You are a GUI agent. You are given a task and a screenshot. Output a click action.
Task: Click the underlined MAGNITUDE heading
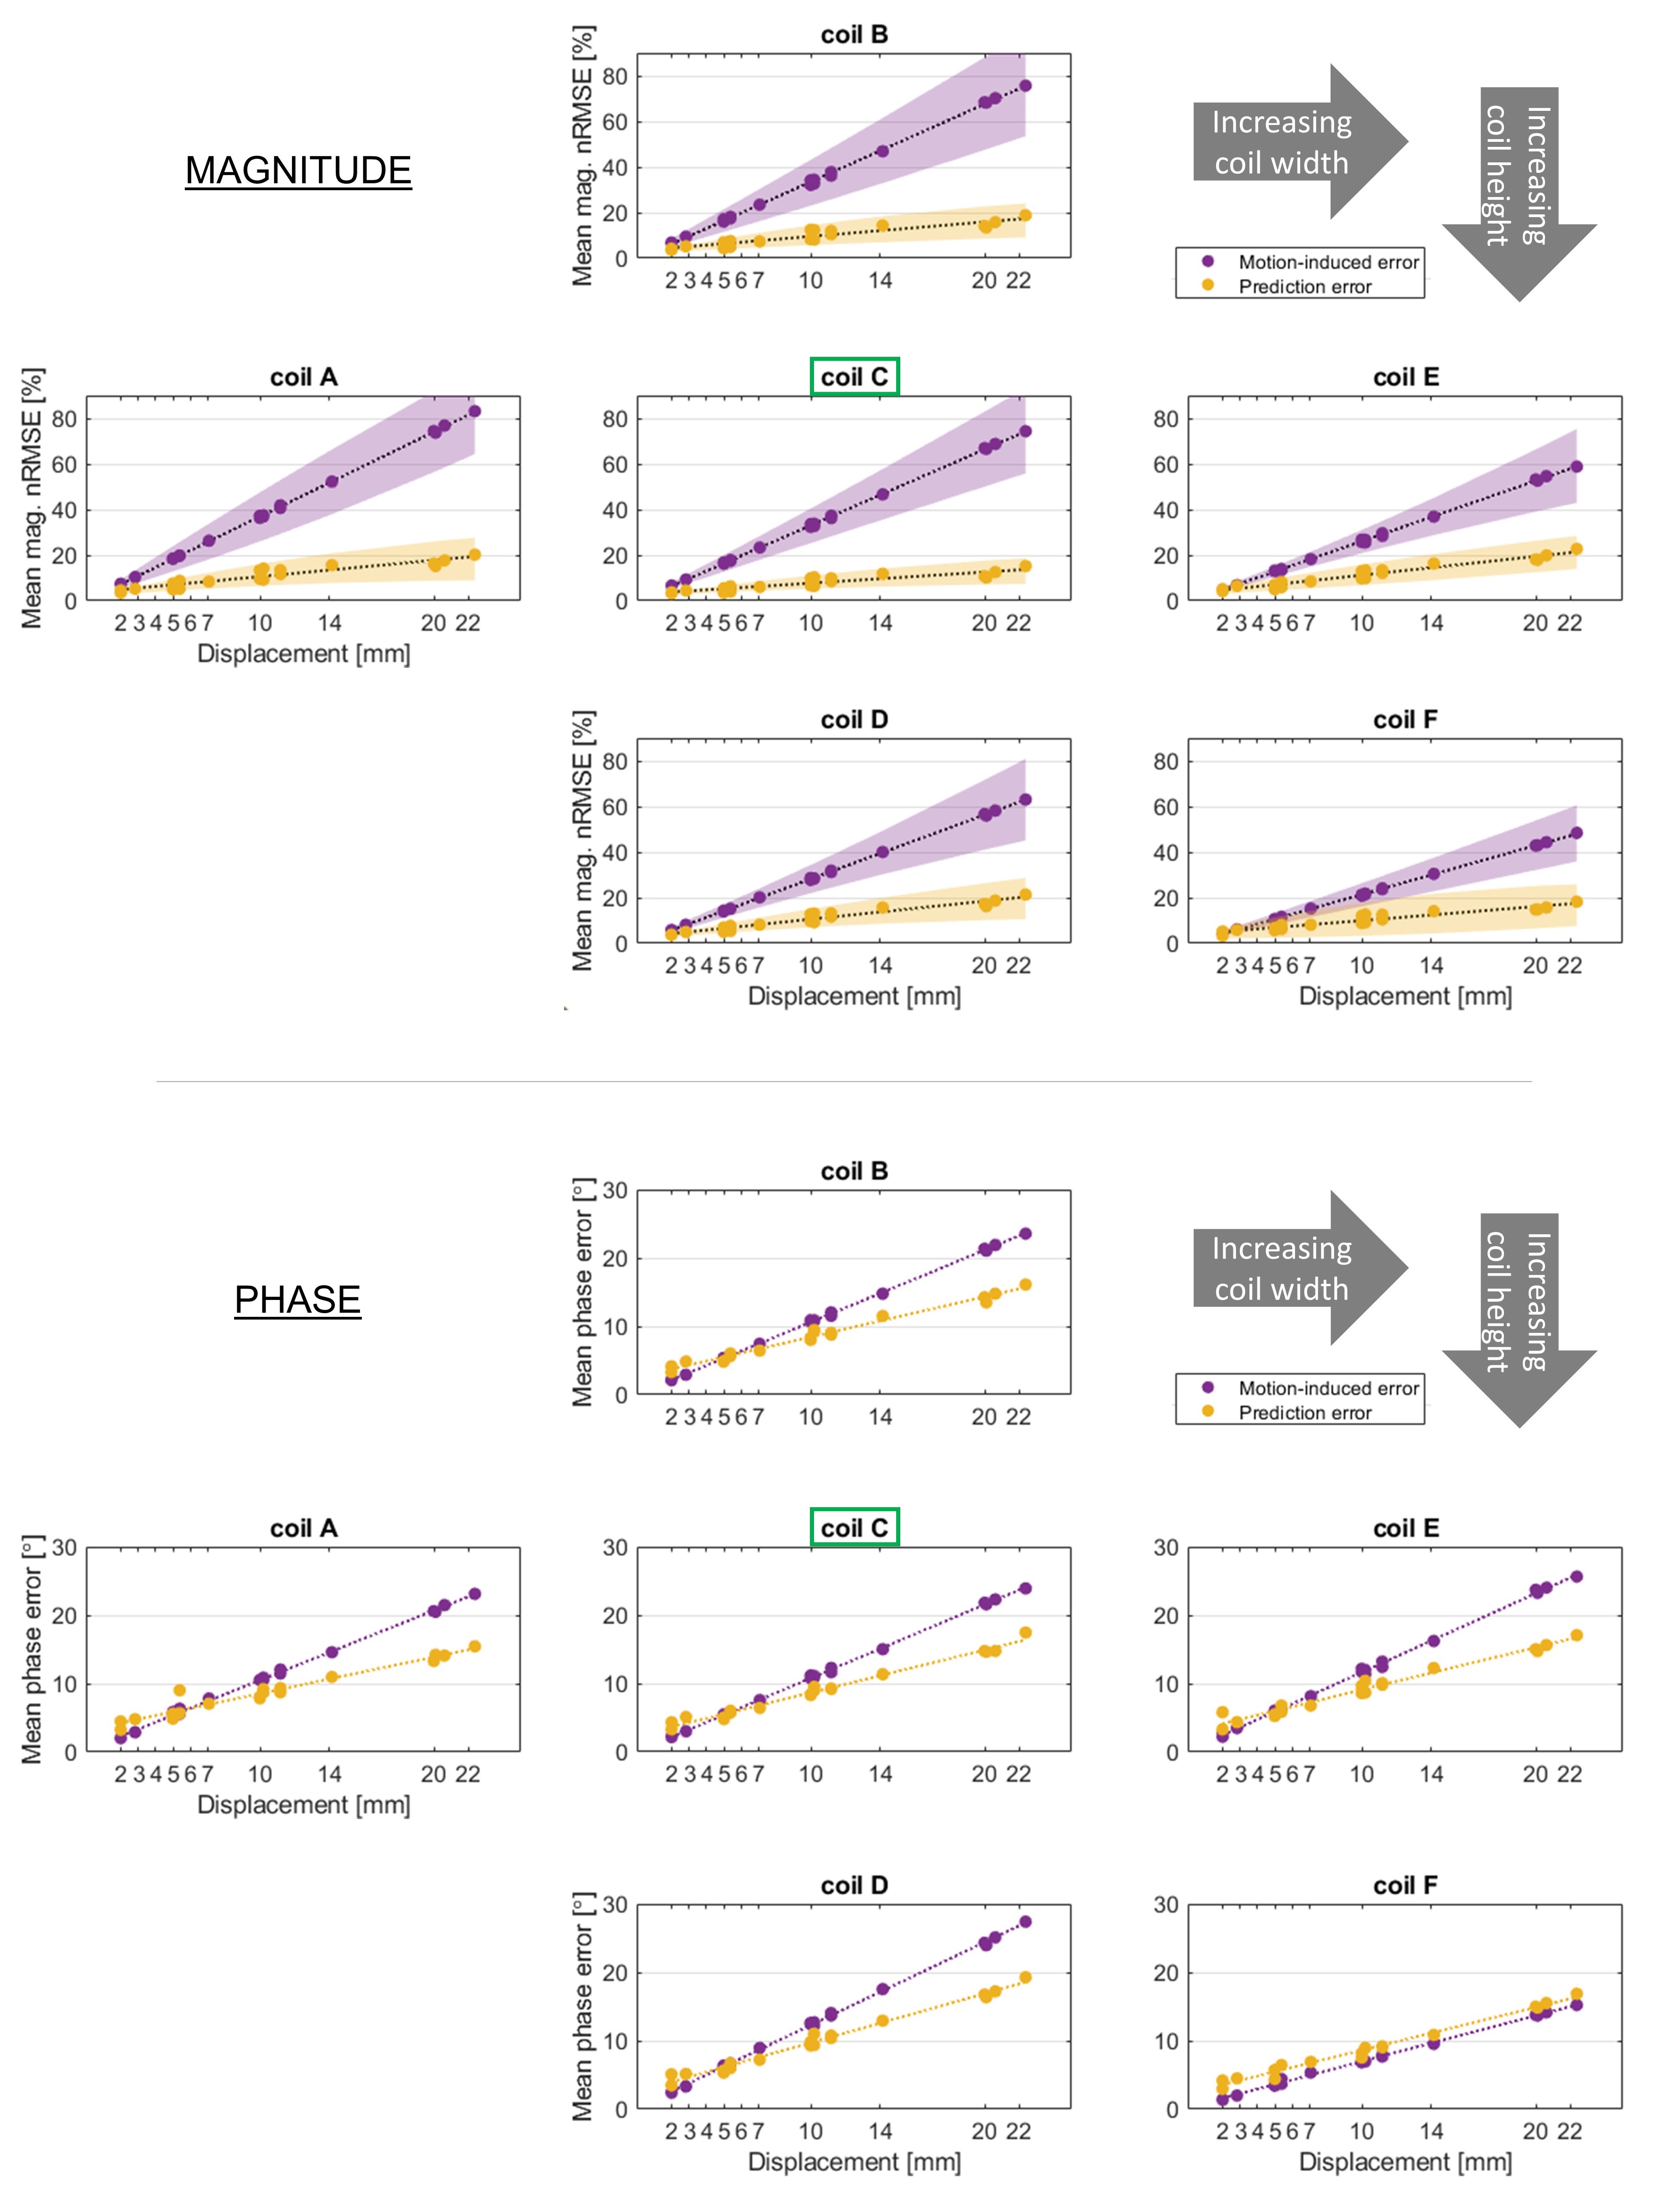298,171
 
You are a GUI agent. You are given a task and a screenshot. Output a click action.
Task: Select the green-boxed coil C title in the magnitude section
854,378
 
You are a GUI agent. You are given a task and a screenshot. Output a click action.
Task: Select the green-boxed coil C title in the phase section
854,1528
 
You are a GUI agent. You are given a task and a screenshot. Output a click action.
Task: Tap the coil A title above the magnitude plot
303,378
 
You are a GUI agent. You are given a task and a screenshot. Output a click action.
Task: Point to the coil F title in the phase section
1405,1886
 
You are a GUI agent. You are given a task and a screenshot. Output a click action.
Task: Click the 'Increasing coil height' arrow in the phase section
1518,1318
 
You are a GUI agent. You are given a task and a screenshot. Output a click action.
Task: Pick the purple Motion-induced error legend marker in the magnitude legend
1207,262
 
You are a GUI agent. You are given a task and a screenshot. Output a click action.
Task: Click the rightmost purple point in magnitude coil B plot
1025,86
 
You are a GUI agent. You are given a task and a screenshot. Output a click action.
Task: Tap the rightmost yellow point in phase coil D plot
1025,1977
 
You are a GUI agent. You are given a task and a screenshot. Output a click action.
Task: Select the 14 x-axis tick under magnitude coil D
880,966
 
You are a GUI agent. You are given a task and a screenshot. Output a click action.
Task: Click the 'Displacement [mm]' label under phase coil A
303,1804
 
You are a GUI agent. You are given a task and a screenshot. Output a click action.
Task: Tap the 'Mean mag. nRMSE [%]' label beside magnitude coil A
32,499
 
